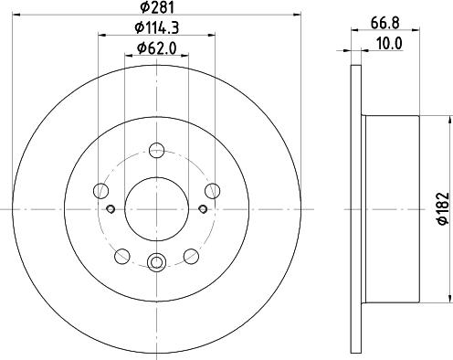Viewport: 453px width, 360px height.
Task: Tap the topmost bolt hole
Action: coord(156,152)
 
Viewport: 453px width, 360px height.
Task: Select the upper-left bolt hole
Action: coord(100,191)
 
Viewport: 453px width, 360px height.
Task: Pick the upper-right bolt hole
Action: coord(212,191)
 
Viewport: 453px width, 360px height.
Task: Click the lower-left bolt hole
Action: coord(121,256)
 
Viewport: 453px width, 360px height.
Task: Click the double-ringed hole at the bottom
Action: coord(156,265)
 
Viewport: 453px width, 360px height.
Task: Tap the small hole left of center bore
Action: coord(111,209)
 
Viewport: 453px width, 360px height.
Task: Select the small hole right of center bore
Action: coord(202,209)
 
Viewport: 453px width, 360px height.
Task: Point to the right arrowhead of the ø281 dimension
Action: coord(298,14)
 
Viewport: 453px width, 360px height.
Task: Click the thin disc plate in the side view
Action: coord(357,209)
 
